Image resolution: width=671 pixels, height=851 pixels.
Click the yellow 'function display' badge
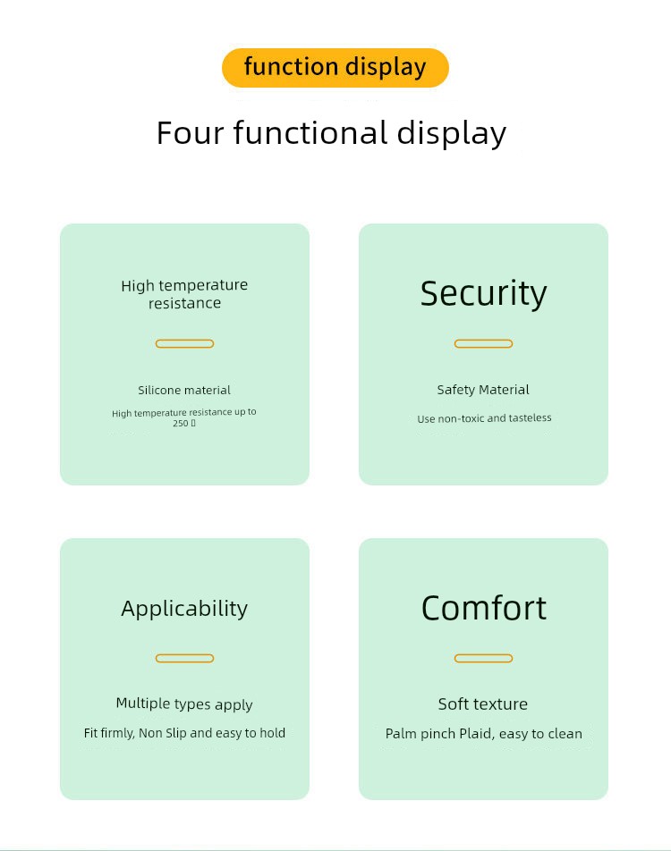335,68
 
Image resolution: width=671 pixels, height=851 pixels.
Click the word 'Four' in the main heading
191,133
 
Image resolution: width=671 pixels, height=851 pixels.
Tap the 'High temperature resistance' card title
184,294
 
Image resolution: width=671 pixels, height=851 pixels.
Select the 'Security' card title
483,293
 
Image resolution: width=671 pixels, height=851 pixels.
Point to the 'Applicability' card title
184,609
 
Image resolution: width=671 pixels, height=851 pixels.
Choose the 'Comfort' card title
483,609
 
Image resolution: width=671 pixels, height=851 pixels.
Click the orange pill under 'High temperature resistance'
184,343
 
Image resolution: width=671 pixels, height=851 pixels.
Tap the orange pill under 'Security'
483,343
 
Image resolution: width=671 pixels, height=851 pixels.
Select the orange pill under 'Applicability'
184,658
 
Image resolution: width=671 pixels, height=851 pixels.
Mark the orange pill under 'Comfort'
483,658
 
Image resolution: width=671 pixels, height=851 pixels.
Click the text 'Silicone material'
184,390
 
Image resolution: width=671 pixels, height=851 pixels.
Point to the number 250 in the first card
181,423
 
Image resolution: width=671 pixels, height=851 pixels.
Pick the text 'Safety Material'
483,390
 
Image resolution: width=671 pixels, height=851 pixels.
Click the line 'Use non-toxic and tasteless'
484,418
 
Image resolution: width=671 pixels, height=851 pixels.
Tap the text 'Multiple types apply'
184,704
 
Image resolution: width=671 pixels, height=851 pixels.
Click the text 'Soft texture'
483,704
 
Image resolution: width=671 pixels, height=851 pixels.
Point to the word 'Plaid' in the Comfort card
475,734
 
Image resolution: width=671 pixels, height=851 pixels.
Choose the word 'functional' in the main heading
310,133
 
